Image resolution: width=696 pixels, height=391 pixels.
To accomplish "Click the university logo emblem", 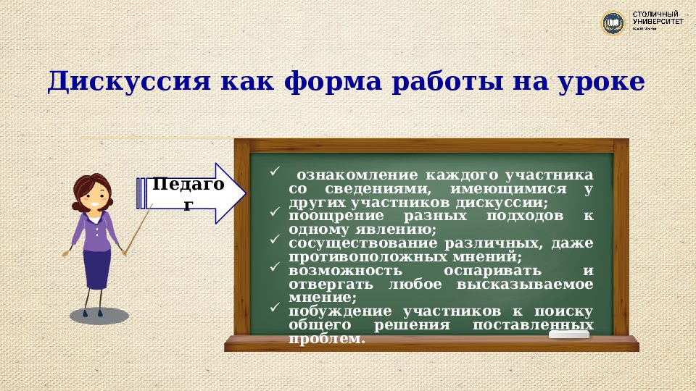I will click(x=613, y=23).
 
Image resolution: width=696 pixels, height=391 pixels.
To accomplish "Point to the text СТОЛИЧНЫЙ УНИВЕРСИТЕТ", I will click(x=657, y=19).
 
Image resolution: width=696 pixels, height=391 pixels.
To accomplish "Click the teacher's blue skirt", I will click(x=96, y=268).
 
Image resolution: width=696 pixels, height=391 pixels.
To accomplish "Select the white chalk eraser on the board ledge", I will click(x=569, y=335).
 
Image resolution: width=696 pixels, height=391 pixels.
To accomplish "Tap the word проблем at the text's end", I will click(x=326, y=339).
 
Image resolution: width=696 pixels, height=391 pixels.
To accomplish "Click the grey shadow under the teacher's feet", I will click(x=99, y=316).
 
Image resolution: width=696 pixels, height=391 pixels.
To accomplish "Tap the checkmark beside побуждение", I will click(x=274, y=308).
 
